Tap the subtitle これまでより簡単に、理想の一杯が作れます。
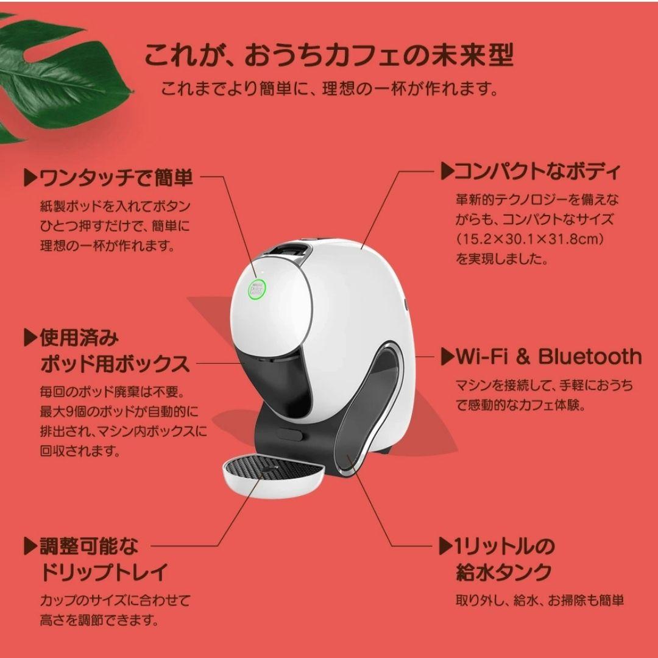coord(329,90)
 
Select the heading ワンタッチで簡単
coord(116,178)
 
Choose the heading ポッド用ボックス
coord(115,365)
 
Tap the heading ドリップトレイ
coord(104,573)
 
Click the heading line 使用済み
coord(79,337)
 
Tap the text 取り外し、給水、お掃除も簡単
coord(540,600)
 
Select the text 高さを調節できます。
coord(99,620)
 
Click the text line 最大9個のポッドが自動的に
coord(119,412)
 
